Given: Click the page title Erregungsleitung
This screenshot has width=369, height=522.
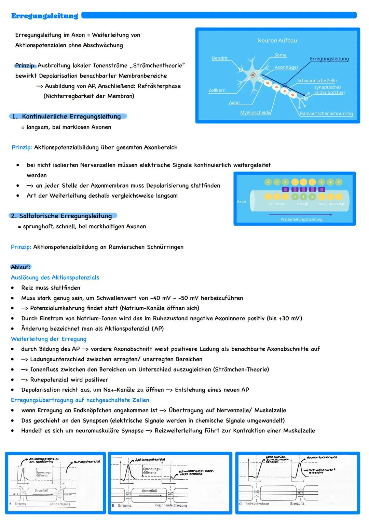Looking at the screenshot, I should (45, 16).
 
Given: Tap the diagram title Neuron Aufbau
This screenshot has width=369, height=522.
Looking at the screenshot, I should (277, 40).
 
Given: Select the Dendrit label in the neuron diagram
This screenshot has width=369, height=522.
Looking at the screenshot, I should (219, 58).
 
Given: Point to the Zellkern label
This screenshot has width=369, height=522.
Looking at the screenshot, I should (217, 90).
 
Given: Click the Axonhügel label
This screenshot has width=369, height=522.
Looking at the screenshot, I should (286, 67).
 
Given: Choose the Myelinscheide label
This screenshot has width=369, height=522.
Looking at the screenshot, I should (255, 112).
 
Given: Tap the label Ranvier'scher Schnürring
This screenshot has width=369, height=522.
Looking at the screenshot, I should (326, 113).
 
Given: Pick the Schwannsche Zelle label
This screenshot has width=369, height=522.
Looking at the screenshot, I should (317, 81).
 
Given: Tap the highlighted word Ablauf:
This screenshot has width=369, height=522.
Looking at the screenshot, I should (21, 267).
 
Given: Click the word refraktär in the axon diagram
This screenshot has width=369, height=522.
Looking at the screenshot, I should (276, 204).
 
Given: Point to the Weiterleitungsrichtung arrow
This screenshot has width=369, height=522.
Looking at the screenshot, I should (300, 215).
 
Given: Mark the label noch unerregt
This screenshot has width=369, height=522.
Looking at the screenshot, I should (331, 204).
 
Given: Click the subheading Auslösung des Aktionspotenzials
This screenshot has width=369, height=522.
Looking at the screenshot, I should (55, 278).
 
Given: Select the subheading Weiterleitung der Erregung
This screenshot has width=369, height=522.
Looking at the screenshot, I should (49, 339).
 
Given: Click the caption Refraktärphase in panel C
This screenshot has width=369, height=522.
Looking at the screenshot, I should (257, 504).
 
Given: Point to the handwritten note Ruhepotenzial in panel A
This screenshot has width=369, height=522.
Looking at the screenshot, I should (87, 461).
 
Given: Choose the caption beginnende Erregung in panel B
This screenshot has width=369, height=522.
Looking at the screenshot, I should (171, 505).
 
